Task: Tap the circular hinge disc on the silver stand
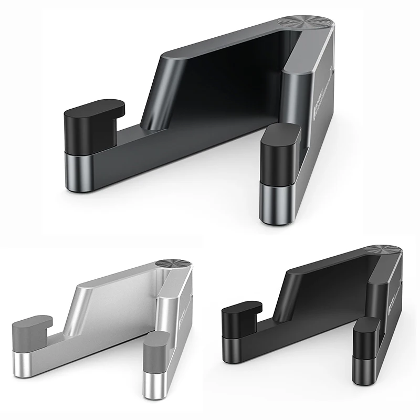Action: pos(173,264)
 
